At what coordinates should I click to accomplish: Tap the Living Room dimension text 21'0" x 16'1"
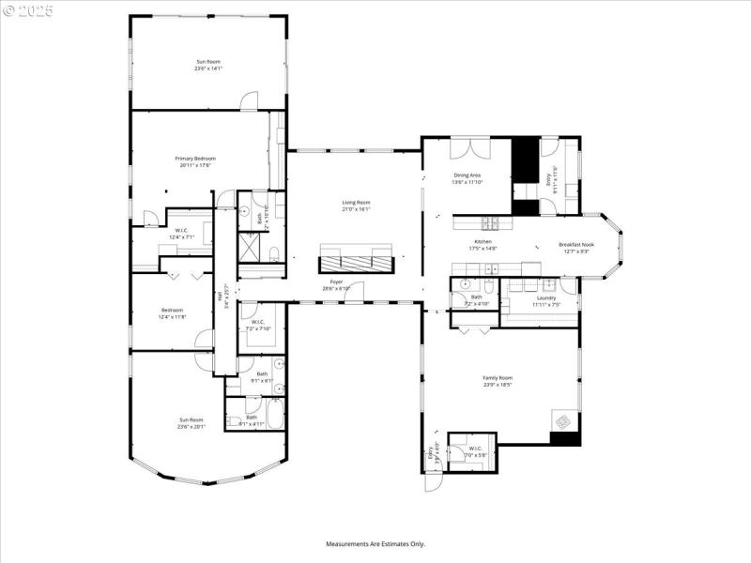[x=356, y=209]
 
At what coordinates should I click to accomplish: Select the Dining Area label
[x=467, y=175]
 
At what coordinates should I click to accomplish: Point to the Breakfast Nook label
[x=577, y=244]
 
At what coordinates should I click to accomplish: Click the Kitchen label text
[x=482, y=241]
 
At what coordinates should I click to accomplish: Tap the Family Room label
[x=498, y=377]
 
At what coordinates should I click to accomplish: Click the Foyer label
[x=336, y=281]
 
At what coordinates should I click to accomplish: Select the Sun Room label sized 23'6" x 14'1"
[x=207, y=62]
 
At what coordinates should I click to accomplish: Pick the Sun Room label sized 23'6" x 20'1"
[x=192, y=419]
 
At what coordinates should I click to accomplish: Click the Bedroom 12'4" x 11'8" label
[x=172, y=310]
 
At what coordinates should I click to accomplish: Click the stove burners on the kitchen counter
[x=490, y=222]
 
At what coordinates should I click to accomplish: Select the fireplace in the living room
[x=354, y=257]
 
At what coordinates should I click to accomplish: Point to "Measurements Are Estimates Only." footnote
[x=375, y=543]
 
